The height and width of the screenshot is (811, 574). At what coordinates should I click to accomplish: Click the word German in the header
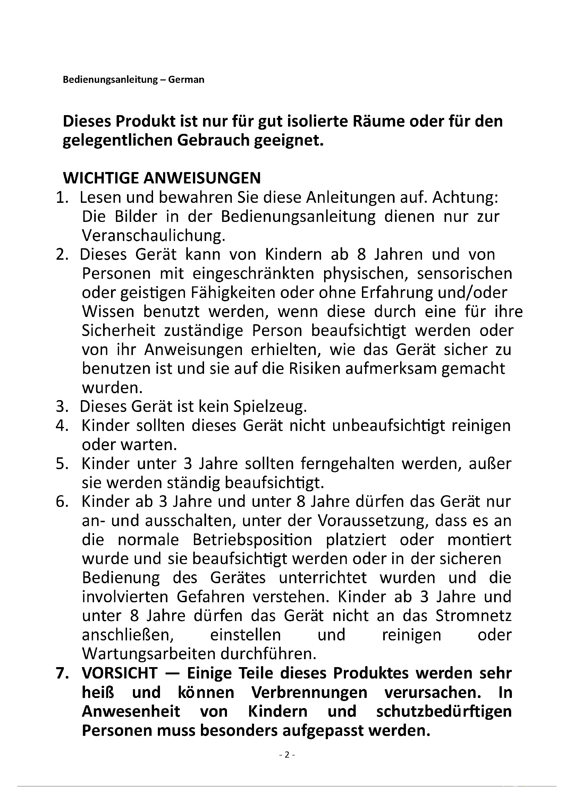[186, 79]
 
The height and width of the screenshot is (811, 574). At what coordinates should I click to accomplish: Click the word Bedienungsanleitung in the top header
[110, 79]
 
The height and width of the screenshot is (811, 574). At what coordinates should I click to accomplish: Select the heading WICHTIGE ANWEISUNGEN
[162, 178]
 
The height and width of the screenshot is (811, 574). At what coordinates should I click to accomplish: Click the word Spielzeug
[270, 407]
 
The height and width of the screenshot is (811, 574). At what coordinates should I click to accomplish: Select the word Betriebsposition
[252, 540]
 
